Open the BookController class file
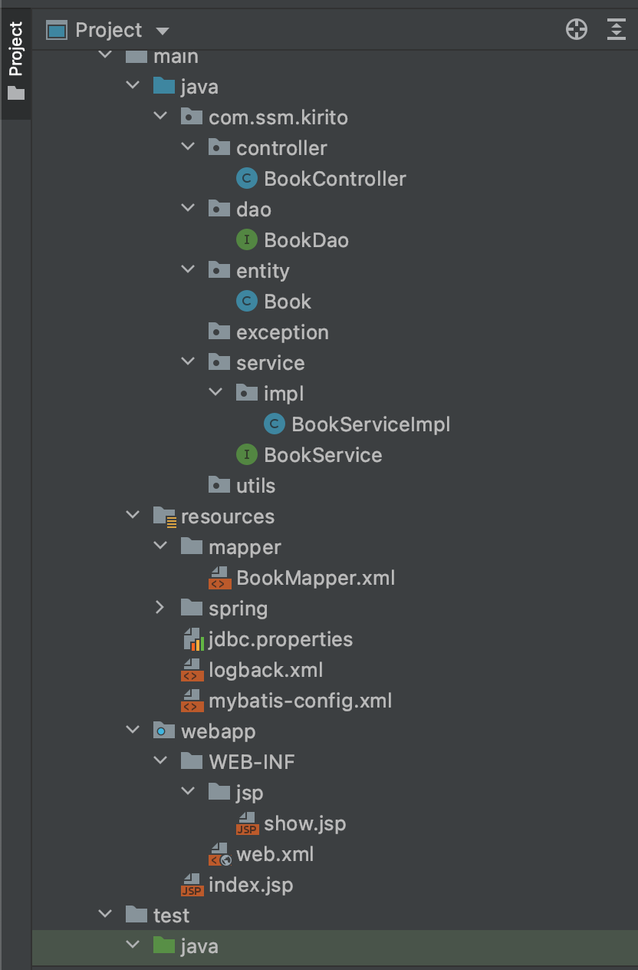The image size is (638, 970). [334, 179]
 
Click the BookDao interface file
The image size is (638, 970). [306, 240]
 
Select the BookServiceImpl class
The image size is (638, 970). [370, 424]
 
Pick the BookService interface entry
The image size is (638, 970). [323, 455]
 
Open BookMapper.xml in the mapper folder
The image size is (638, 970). [315, 578]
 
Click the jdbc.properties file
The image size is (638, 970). [280, 639]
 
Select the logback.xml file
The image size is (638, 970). [265, 670]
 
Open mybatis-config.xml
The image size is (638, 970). [300, 701]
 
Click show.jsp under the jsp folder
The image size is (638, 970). [304, 823]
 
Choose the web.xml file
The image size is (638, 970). [275, 854]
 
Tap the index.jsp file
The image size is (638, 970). [250, 885]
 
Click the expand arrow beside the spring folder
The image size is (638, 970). [160, 609]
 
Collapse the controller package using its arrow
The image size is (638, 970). [188, 147]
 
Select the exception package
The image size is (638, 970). [281, 332]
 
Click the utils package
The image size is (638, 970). [255, 486]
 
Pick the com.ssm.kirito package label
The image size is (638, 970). [278, 117]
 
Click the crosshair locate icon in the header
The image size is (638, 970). [576, 30]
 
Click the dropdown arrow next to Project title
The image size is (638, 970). [162, 31]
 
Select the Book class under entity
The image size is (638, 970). [288, 302]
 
